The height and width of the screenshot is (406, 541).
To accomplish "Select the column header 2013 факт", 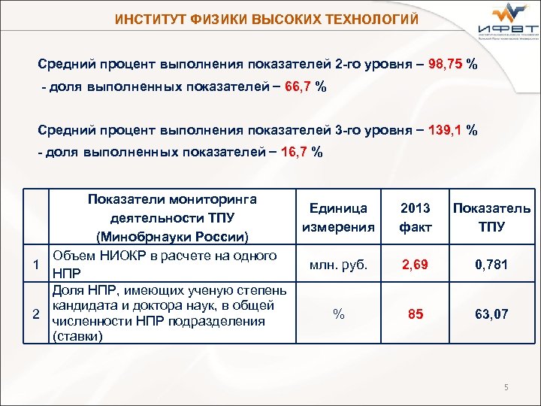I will (x=416, y=218).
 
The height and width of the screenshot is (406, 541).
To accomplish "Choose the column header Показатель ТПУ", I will (x=491, y=218).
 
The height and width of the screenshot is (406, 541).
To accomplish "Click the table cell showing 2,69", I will (x=416, y=264).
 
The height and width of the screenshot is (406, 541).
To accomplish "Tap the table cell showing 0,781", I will (x=491, y=264).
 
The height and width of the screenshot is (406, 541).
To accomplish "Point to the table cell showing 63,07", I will (x=491, y=314).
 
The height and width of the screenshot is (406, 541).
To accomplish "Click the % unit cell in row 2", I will (x=338, y=314).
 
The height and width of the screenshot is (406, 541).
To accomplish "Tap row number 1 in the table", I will (x=36, y=264).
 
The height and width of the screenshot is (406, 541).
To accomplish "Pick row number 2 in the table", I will (x=36, y=314).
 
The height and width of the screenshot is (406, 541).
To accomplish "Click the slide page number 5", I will (x=507, y=387).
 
